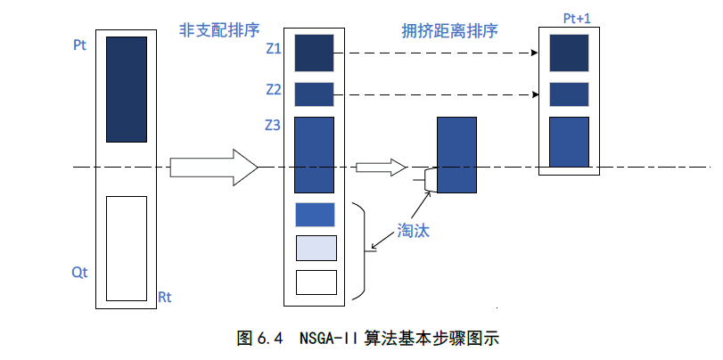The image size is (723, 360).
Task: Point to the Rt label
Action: [164, 296]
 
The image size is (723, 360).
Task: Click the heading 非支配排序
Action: [213, 29]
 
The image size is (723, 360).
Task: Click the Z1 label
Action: [274, 50]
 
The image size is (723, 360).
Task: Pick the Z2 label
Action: [274, 90]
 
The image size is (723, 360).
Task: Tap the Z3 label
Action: [274, 127]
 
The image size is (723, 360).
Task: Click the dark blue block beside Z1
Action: [314, 53]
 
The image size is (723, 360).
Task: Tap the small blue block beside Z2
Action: [314, 94]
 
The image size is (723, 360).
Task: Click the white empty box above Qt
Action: [126, 248]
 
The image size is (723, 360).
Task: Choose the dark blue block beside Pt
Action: [126, 89]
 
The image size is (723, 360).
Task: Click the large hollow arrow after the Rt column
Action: [213, 167]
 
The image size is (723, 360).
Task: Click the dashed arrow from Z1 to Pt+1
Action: [437, 53]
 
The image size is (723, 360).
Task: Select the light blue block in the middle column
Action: [316, 248]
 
